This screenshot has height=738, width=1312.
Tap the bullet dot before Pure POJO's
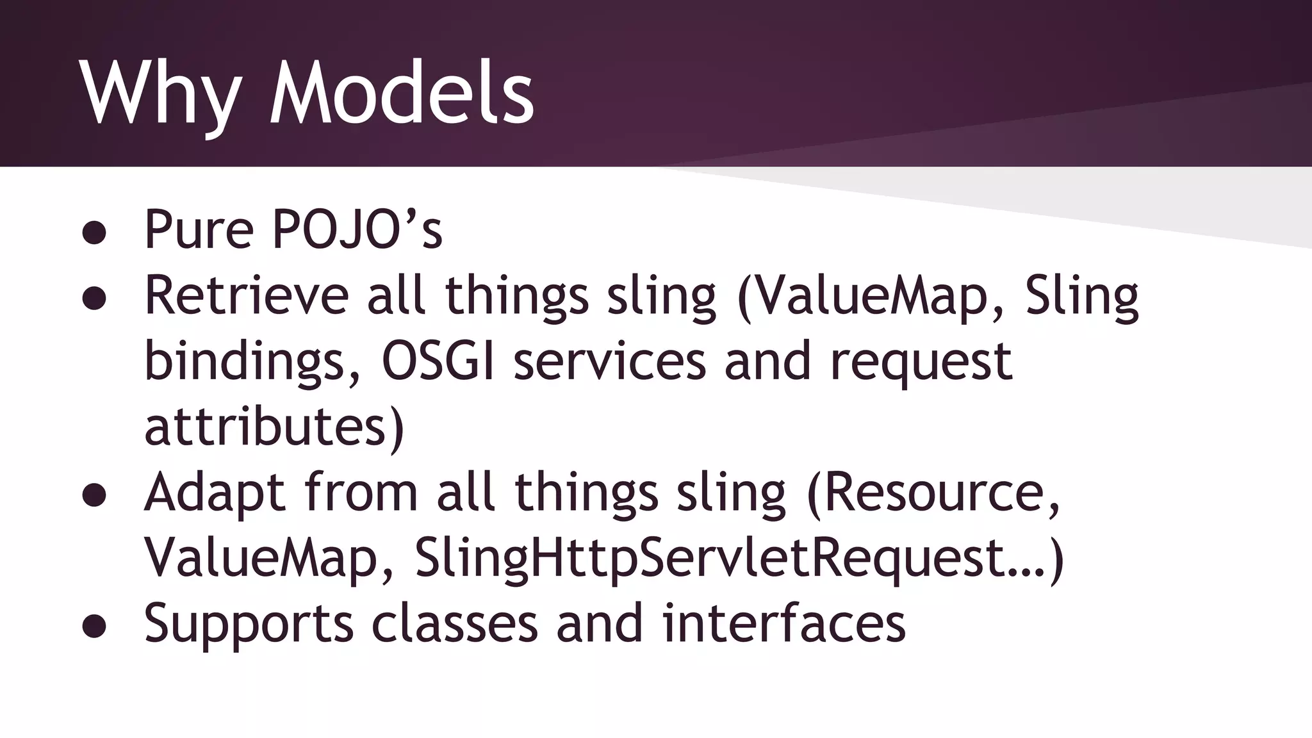(x=94, y=233)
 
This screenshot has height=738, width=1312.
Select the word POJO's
(x=357, y=229)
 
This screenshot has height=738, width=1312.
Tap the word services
(x=609, y=361)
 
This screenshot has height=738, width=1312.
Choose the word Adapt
(x=215, y=493)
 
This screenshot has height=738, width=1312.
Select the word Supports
(x=249, y=624)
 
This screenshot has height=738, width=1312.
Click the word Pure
(x=199, y=229)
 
